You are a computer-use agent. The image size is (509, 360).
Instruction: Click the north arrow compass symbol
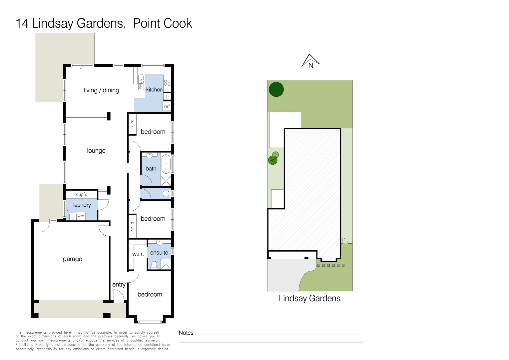310,61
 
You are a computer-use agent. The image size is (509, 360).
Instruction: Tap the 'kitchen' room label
154,90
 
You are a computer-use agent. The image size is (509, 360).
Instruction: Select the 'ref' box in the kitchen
167,106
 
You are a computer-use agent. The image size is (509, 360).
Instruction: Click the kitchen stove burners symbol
167,83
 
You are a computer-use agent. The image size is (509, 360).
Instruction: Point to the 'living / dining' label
101,90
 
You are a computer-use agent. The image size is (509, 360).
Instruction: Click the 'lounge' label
96,151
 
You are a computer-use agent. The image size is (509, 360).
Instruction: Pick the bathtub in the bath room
166,164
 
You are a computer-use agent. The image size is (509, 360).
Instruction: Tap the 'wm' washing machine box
81,216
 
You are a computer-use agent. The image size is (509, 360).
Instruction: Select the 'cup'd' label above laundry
82,194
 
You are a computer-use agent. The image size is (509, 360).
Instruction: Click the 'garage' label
72,259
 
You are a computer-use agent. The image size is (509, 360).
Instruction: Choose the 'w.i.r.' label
138,254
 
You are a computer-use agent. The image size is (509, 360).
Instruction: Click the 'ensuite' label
159,253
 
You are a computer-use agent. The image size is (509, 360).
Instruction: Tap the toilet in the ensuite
154,265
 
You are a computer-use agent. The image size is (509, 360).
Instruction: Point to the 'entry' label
119,284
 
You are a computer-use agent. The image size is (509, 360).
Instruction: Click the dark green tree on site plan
276,89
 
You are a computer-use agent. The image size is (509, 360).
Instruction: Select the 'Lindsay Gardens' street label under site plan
309,298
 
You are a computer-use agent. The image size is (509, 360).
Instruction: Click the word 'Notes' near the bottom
186,333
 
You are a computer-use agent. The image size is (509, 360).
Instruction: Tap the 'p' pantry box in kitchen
167,96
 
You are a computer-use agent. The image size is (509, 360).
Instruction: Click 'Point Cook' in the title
163,23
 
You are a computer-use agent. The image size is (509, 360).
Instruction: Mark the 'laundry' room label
82,205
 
